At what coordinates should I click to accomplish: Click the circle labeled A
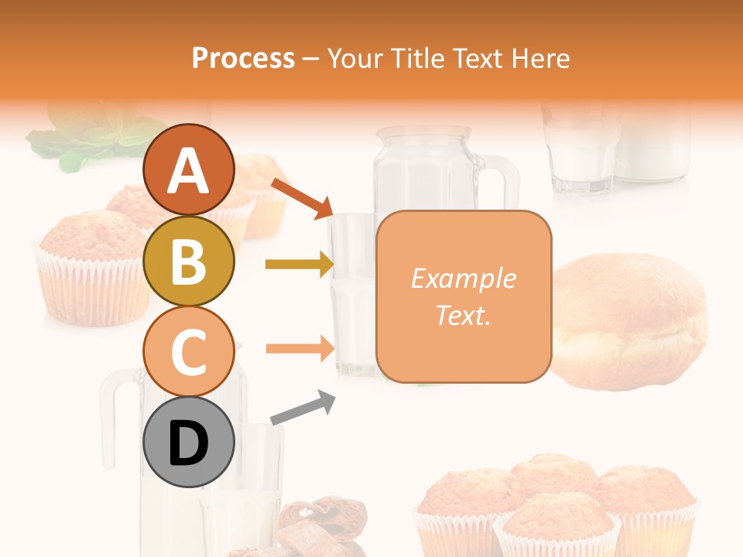point(189,170)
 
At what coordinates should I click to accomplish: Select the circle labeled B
point(189,261)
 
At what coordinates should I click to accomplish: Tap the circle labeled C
point(189,352)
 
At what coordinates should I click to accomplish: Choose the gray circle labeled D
point(189,443)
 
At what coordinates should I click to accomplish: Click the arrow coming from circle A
point(301,197)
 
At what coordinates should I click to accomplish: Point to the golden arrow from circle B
point(299,265)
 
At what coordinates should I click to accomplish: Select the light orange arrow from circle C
point(299,348)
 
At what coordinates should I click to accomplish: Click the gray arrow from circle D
point(303,408)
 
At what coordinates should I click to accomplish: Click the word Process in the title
point(243,58)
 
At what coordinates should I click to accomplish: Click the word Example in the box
point(463,278)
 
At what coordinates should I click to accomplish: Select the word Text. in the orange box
point(463,316)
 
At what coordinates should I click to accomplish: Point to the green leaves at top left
point(85,139)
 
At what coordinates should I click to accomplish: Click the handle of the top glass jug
point(506,182)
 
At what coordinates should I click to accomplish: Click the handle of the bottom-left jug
point(112,418)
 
